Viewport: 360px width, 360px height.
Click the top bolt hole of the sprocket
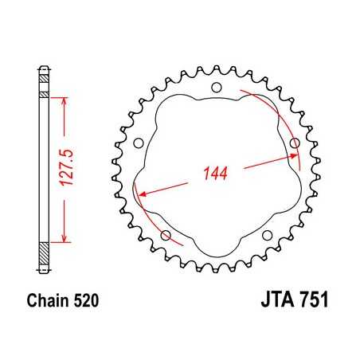point(216,88)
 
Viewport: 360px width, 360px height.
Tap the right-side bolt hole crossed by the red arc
point(295,144)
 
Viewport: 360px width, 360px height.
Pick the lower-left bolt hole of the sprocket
point(166,236)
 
